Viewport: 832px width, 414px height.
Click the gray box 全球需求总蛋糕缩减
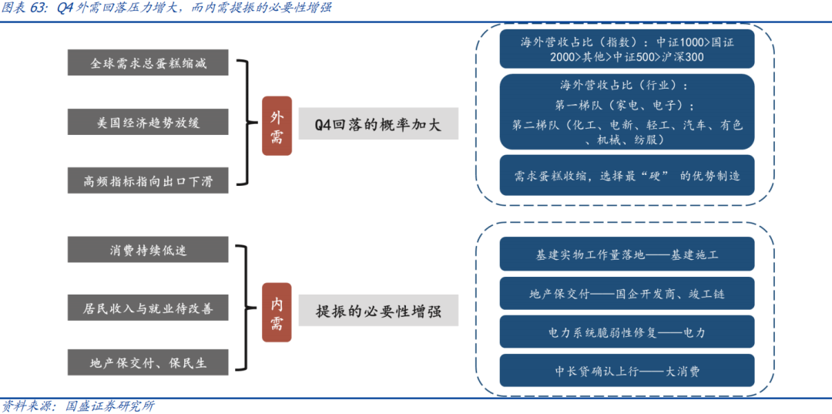click(148, 62)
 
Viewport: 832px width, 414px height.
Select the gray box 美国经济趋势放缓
click(148, 122)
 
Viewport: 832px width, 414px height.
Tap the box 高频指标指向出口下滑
click(148, 181)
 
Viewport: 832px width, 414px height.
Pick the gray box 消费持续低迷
click(148, 250)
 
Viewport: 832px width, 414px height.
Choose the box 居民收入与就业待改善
click(148, 308)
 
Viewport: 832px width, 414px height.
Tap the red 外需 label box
click(277, 126)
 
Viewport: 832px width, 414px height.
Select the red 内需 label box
click(277, 312)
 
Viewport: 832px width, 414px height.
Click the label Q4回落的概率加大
click(377, 124)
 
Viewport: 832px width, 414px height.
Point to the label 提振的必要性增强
click(377, 312)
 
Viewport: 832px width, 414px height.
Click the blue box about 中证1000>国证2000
click(626, 49)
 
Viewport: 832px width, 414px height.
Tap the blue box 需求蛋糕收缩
click(626, 176)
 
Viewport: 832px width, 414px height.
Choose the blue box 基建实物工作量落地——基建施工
click(626, 254)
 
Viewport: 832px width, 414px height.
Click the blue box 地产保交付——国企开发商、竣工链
click(626, 293)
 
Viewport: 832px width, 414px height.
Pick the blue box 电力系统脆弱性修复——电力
click(626, 332)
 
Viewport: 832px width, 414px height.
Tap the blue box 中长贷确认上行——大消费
click(626, 371)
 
